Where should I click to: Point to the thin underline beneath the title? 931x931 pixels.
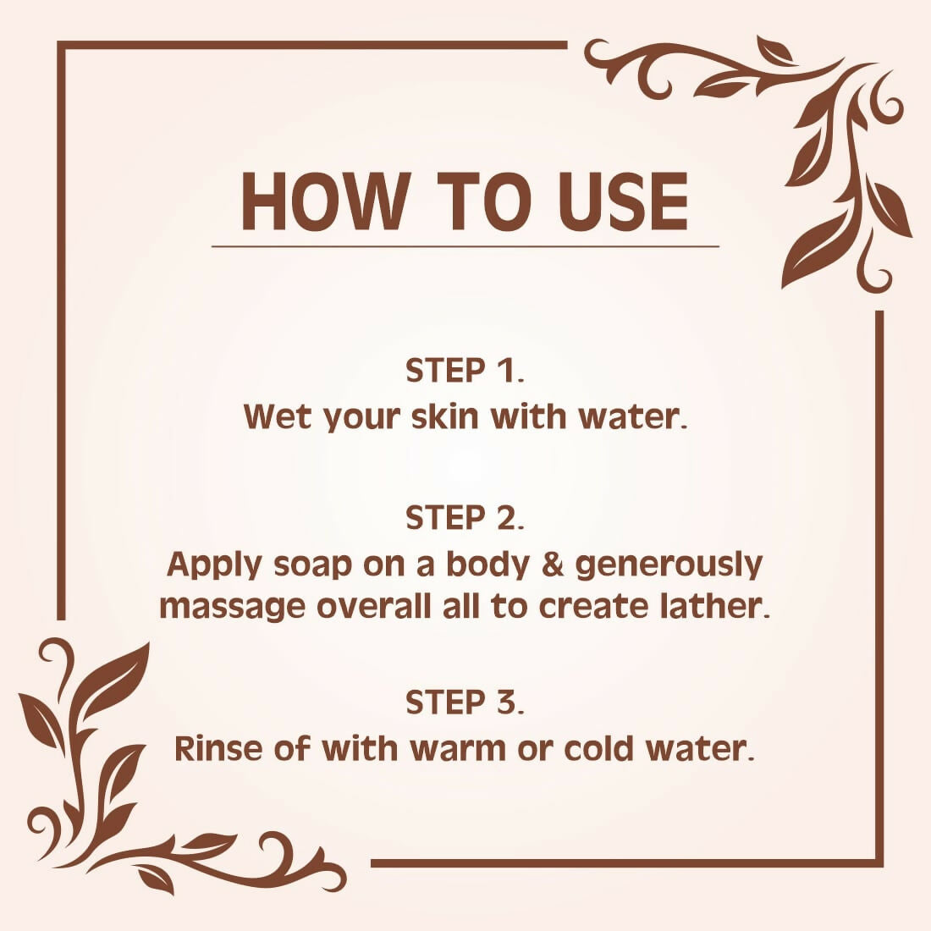pyautogui.click(x=465, y=246)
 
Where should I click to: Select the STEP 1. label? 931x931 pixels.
pyautogui.click(x=465, y=371)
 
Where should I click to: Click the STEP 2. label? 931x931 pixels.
pyautogui.click(x=465, y=518)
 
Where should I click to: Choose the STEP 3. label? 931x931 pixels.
pyautogui.click(x=465, y=702)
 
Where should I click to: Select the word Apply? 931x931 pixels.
pyautogui.click(x=214, y=565)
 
